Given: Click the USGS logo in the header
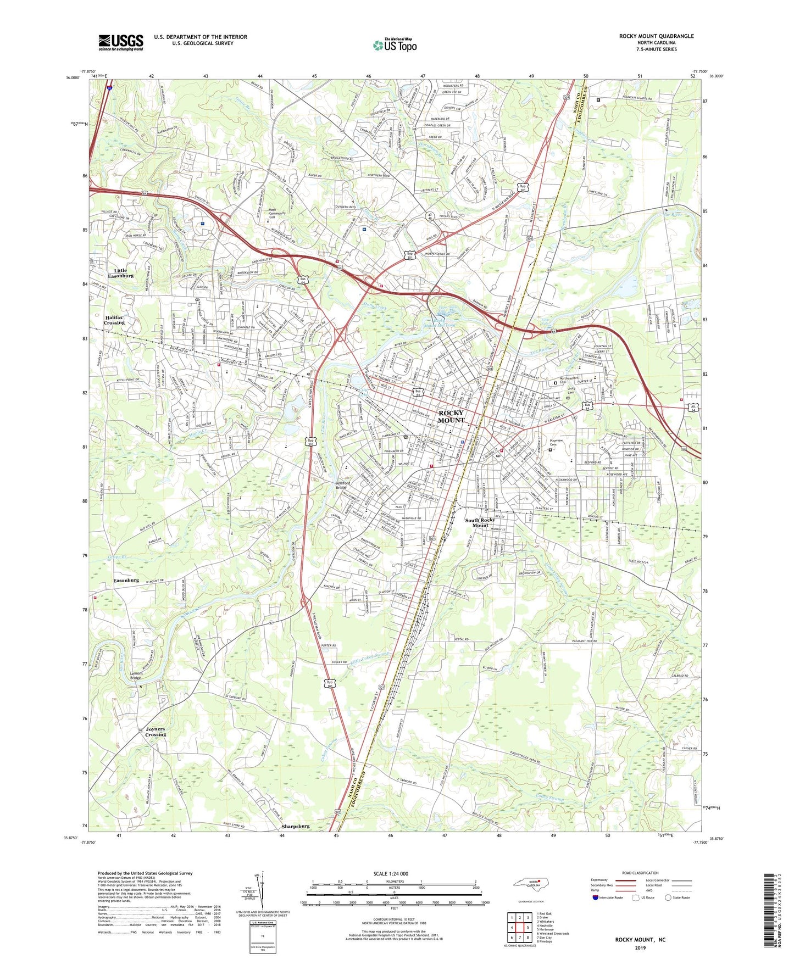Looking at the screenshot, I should tap(120, 42).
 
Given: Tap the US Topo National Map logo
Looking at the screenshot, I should tap(394, 45).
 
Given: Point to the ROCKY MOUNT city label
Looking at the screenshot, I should tap(451, 416).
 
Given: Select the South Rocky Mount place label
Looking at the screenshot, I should tap(480, 522).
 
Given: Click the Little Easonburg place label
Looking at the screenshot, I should tap(120, 273).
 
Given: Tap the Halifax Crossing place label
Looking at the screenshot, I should tap(114, 320).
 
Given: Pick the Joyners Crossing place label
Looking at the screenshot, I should tap(156, 732).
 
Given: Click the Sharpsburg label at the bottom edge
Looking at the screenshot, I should tap(296, 826).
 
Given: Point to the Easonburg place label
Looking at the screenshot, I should tap(126, 580).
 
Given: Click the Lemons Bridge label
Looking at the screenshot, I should tap(135, 676).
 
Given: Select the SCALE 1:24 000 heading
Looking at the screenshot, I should tap(391, 873).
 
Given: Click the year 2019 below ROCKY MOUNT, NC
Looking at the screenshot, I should tap(640, 947).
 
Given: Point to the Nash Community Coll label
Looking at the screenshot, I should tap(276, 213).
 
